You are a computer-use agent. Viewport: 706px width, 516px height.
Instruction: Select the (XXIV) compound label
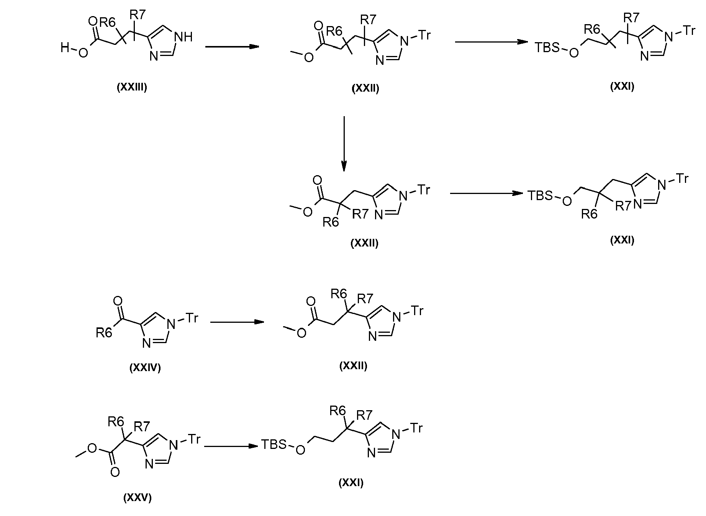[x=145, y=368]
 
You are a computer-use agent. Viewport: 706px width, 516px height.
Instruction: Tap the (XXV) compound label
[x=138, y=498]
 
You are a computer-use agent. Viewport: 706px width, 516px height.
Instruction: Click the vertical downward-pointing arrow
[x=344, y=144]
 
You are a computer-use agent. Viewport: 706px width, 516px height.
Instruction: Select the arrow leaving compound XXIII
[x=232, y=47]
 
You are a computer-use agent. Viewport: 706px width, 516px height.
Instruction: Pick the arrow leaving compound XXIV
[x=238, y=322]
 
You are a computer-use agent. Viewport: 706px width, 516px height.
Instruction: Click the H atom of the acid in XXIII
[x=64, y=48]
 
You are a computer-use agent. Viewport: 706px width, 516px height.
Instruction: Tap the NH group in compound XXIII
[x=183, y=37]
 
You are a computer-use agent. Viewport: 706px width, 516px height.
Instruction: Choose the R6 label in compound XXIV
[x=104, y=333]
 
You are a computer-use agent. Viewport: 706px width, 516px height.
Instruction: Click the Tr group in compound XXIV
[x=192, y=318]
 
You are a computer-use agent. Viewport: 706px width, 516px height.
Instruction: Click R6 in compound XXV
[x=116, y=422]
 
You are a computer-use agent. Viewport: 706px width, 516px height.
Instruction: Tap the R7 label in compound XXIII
[x=138, y=15]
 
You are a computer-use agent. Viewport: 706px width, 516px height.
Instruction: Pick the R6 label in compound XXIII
[x=107, y=23]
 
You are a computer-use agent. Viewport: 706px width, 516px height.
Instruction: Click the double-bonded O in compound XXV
[x=115, y=472]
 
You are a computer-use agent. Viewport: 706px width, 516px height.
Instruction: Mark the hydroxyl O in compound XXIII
[x=83, y=53]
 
